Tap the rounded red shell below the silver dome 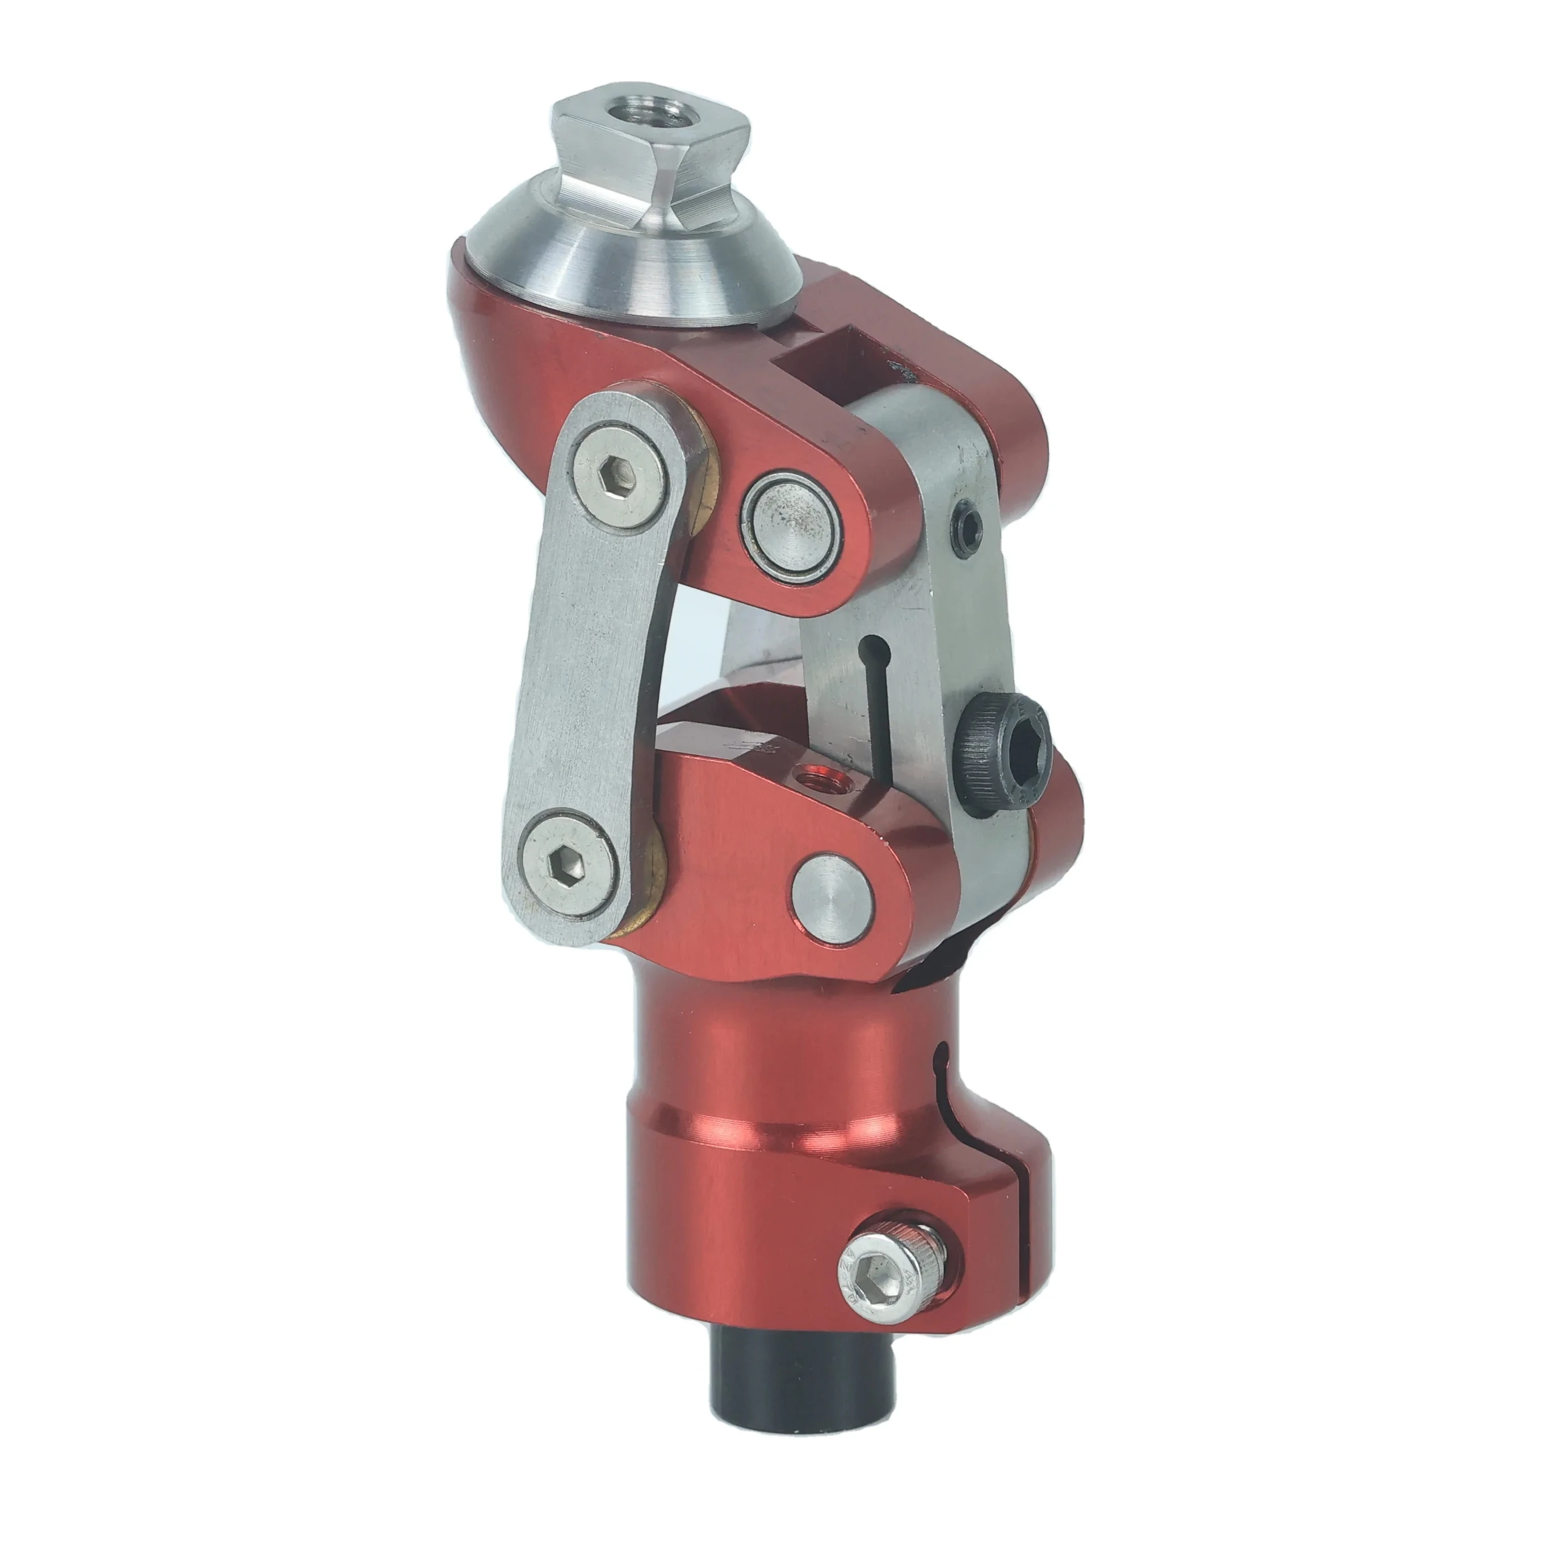coord(516,339)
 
